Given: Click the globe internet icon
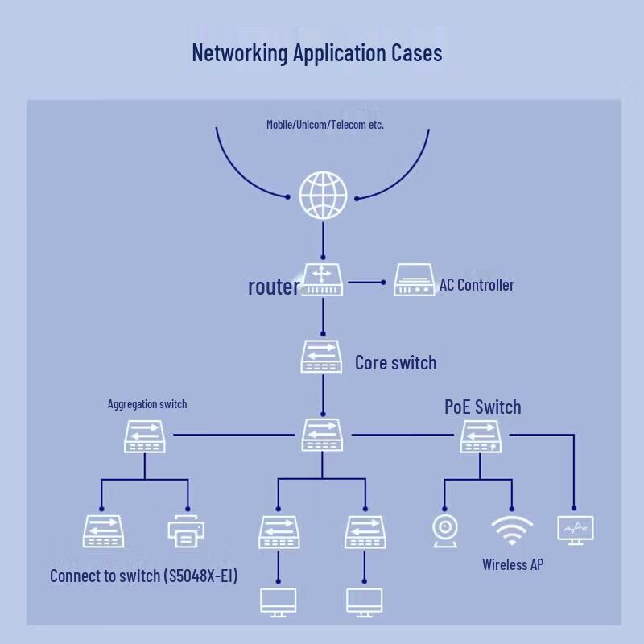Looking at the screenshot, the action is point(323,195).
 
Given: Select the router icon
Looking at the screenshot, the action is point(323,279).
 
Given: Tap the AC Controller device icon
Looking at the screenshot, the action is point(414,279).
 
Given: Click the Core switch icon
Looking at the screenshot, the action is point(321,356).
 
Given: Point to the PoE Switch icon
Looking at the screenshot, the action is point(481,436).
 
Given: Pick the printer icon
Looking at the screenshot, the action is point(186,531).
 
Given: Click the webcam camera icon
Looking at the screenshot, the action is point(444,531).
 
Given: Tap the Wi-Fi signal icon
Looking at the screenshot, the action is point(512,530).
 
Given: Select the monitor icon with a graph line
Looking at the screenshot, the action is point(576,530).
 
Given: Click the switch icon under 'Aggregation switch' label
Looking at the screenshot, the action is point(145,436).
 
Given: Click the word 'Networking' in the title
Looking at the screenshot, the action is point(240,53).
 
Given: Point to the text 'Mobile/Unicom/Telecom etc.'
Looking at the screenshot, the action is point(325,125).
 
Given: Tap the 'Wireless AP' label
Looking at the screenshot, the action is point(513,565).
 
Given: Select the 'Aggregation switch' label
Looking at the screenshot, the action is point(147,404).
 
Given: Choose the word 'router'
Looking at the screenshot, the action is point(274,287).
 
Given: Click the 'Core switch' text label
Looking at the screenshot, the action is point(396,363).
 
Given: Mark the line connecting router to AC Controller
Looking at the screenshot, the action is point(367,283).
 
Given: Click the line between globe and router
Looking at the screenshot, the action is point(323,241).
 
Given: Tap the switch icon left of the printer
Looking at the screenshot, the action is point(104,531).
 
